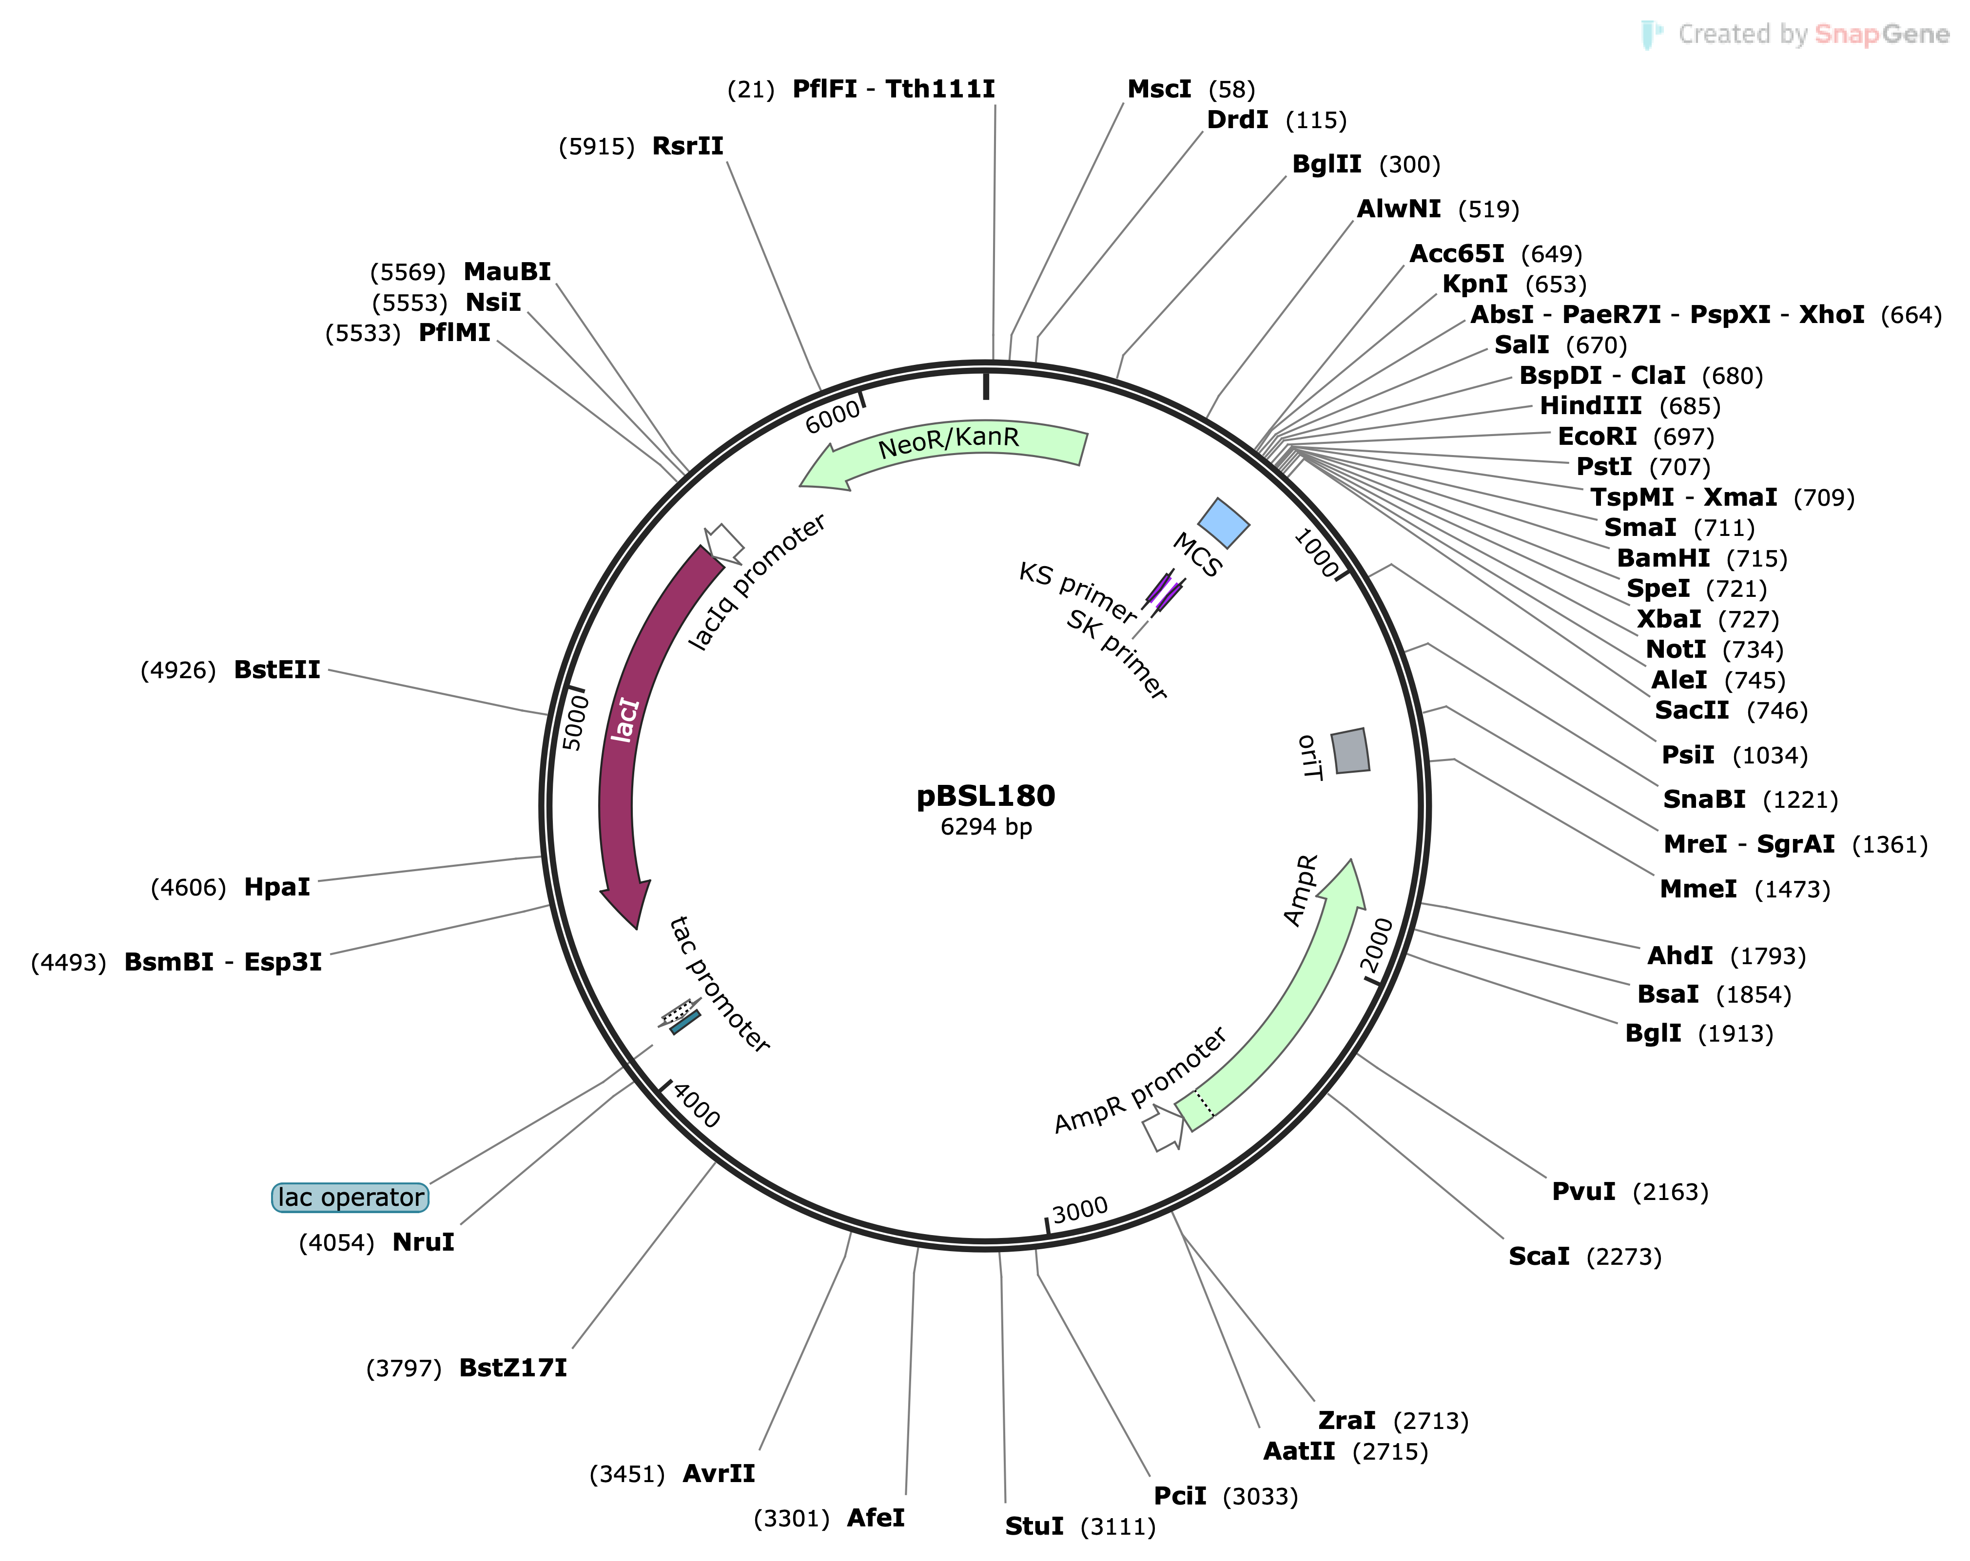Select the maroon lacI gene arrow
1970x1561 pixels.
coord(622,731)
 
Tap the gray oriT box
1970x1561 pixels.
coord(1349,751)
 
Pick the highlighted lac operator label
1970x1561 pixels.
coord(350,1198)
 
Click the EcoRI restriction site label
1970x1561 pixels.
coord(1596,437)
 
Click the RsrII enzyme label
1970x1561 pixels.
coord(687,146)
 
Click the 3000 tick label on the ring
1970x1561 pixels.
coord(1080,1211)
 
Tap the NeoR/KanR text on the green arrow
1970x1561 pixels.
coord(949,442)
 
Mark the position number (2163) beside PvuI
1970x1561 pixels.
coord(1669,1192)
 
